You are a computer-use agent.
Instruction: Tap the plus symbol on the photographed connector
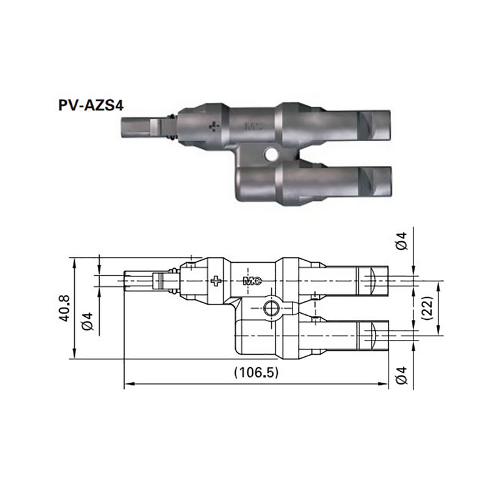215,127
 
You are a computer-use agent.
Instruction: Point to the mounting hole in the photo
270,153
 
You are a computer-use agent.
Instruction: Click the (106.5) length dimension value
256,372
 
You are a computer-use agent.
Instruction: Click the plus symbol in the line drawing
216,281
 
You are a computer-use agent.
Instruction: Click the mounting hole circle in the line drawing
271,308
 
